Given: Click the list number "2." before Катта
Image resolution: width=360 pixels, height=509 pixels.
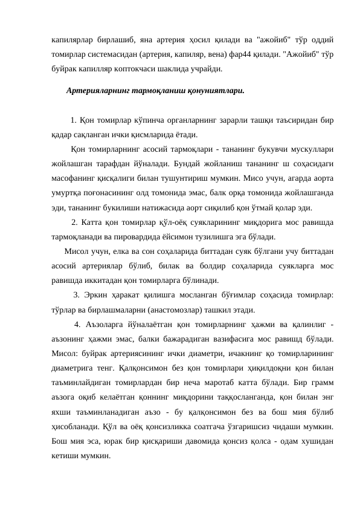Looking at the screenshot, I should (75, 222).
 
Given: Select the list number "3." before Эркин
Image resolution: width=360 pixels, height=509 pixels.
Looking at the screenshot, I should (77, 296).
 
